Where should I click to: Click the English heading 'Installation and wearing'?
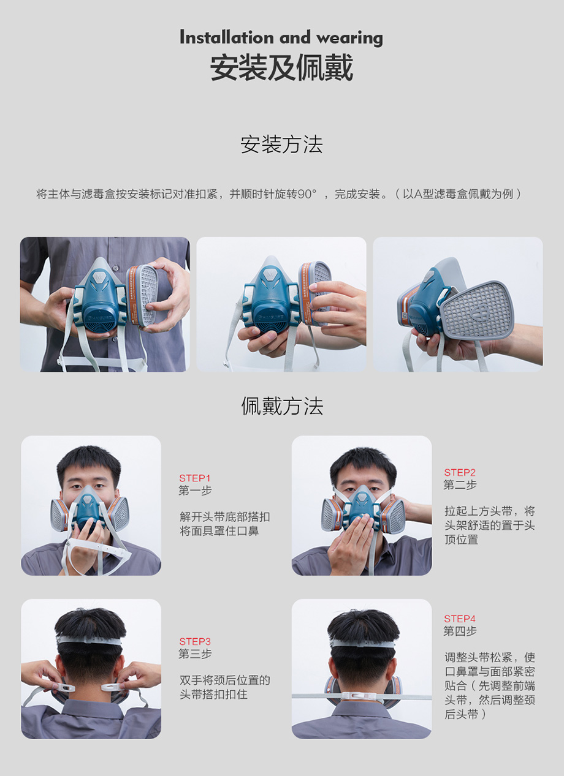[x=281, y=38]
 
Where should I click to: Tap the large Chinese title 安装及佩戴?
[x=281, y=67]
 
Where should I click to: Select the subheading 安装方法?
[x=281, y=145]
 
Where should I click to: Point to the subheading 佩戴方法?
[x=282, y=406]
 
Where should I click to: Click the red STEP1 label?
[x=194, y=478]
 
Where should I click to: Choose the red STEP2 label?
[x=460, y=472]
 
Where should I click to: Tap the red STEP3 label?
[x=195, y=642]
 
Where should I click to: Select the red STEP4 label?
[x=460, y=619]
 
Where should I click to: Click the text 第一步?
[x=195, y=491]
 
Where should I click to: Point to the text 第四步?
[x=460, y=631]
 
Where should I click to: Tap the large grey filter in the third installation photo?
[x=478, y=309]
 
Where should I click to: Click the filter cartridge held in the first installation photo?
[x=142, y=295]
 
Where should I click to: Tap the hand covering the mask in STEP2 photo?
[x=351, y=542]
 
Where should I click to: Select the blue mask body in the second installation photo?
[x=272, y=299]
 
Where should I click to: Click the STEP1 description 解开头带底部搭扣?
[x=224, y=517]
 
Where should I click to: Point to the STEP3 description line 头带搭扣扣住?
[x=213, y=695]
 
